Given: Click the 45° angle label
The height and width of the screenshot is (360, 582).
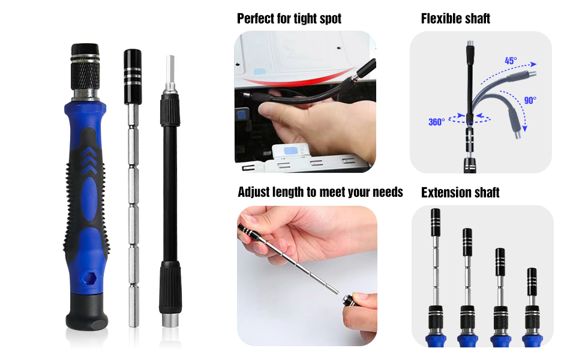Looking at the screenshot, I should click(511, 61).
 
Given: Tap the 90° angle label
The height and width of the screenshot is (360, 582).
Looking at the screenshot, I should click(530, 101).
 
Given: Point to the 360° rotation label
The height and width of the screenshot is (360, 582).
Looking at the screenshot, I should click(436, 122).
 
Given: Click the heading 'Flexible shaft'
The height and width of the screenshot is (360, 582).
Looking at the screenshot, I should click(455, 19).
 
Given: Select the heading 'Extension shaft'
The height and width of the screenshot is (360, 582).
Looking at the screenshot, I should click(460, 193).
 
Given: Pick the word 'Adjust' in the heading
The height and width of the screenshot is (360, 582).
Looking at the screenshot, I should click(256, 192).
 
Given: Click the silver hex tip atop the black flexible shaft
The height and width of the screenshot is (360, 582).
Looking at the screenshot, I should click(170, 74).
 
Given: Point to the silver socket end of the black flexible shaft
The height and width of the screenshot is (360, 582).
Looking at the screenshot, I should click(170, 319).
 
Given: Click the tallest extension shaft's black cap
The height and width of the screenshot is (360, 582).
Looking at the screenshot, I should click(436, 223).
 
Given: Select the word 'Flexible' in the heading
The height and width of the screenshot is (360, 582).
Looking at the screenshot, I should click(442, 19).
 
